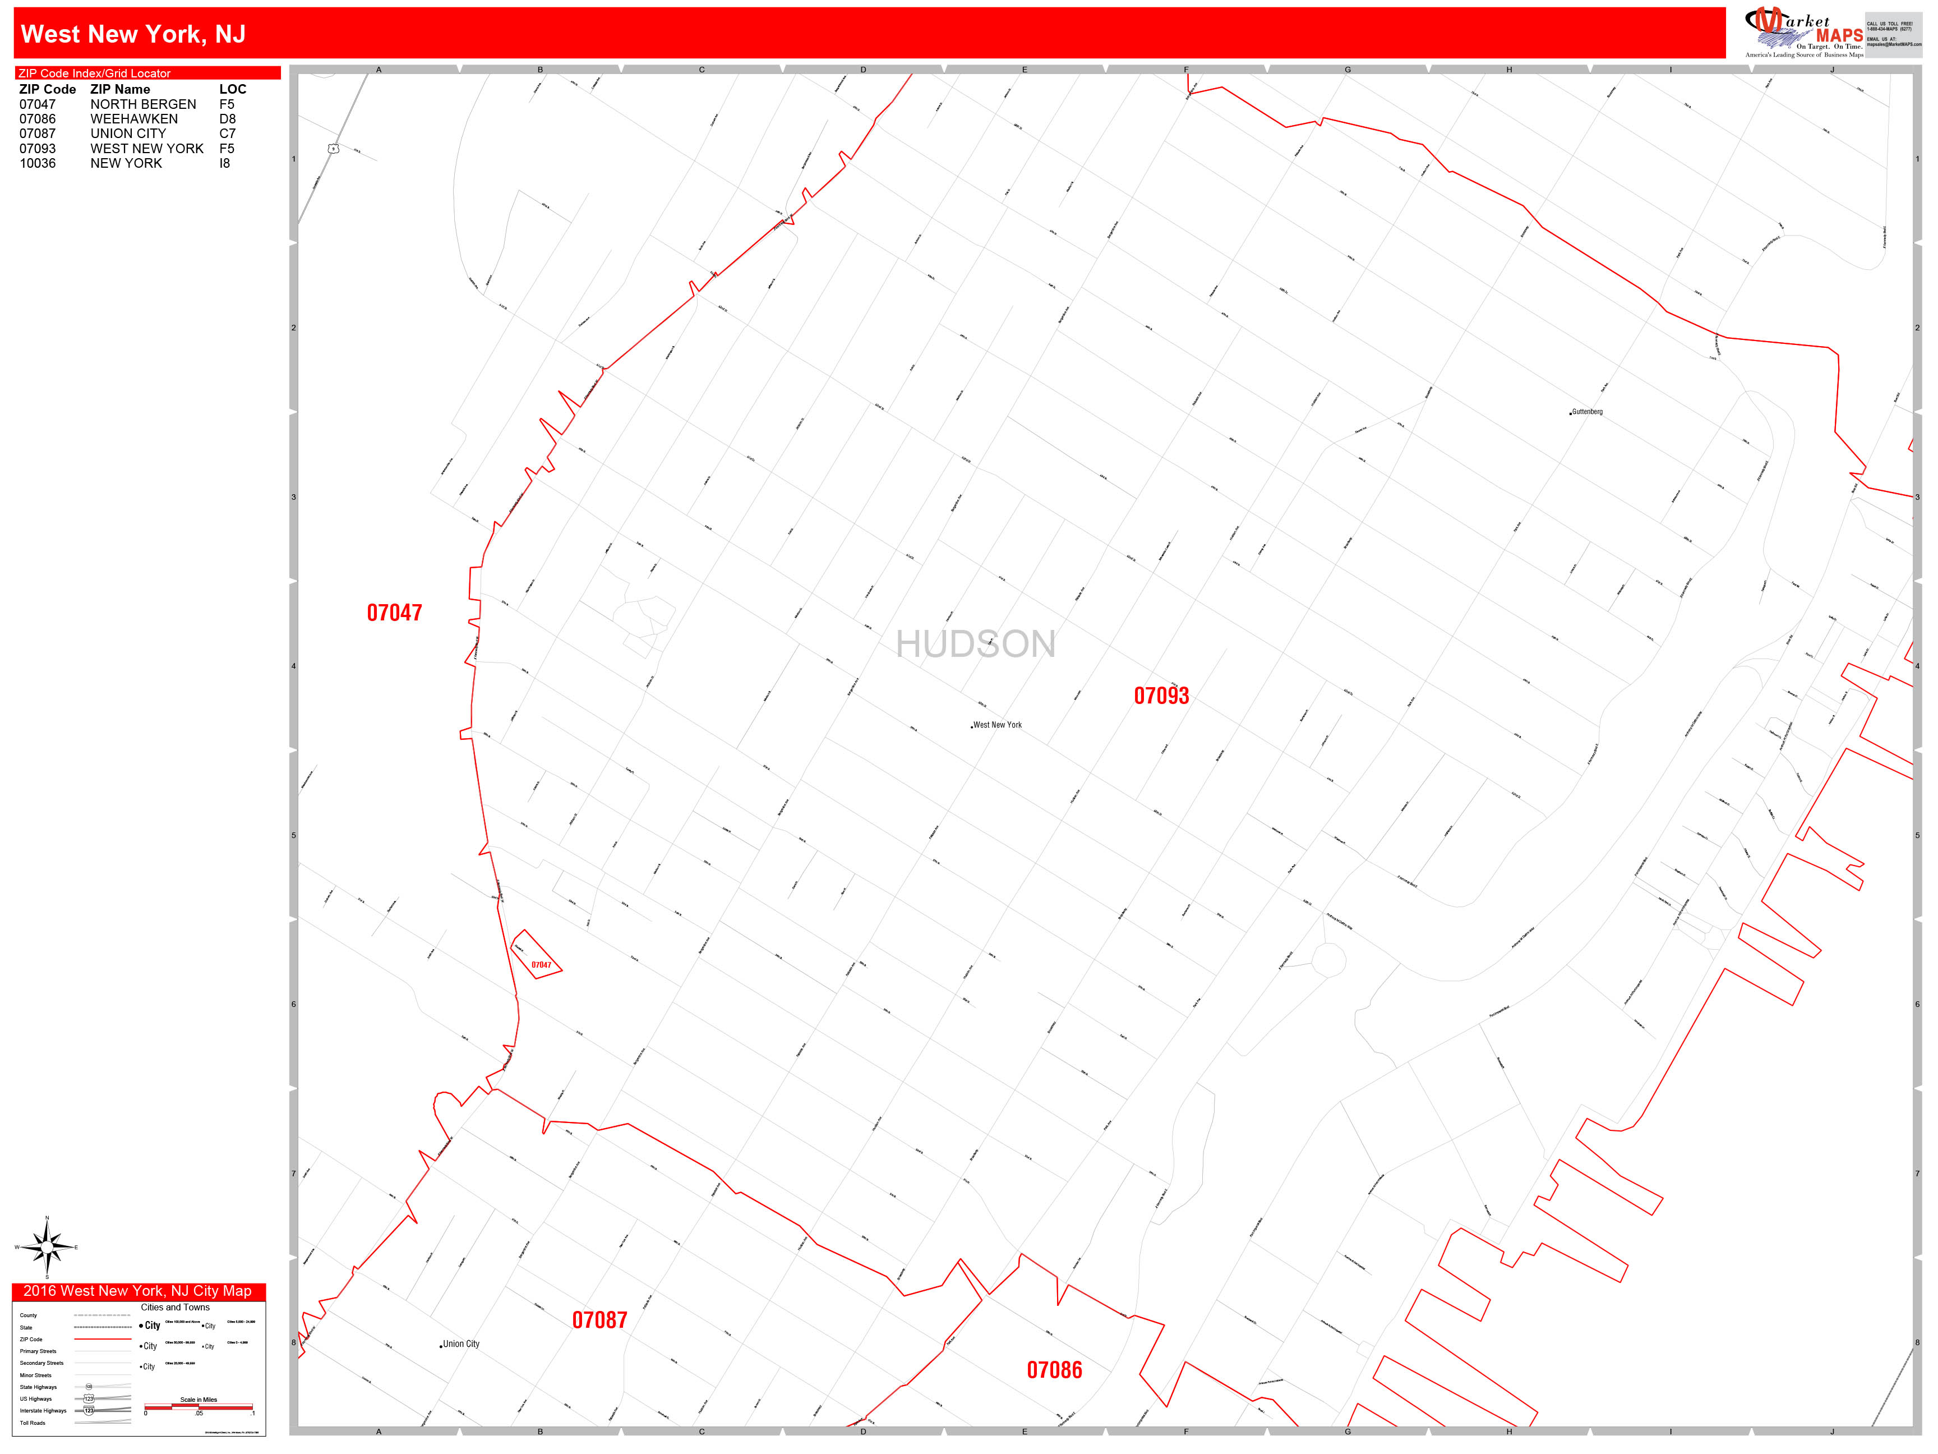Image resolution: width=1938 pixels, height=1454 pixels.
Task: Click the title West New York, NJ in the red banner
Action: click(133, 34)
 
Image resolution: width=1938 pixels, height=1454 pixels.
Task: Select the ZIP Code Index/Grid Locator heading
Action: click(95, 73)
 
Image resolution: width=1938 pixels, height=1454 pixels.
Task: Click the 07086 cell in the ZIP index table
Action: click(38, 119)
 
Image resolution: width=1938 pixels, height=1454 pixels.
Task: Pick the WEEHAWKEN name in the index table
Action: click(134, 119)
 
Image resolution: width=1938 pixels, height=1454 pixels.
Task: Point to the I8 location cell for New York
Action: click(225, 163)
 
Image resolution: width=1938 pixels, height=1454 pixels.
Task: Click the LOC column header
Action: click(232, 89)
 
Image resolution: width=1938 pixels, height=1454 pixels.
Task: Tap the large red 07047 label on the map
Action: click(394, 613)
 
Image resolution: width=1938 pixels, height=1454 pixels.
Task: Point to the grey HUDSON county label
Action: click(975, 644)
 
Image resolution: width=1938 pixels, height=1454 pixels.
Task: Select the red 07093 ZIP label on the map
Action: click(1161, 696)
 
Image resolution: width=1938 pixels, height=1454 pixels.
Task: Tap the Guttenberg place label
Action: click(1586, 412)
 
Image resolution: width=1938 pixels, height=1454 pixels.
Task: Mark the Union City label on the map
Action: click(460, 1343)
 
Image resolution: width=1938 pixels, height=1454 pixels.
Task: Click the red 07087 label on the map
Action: click(599, 1320)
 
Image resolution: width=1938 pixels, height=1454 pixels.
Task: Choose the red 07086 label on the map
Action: click(1054, 1370)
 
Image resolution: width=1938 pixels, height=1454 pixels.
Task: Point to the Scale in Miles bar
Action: click(199, 1407)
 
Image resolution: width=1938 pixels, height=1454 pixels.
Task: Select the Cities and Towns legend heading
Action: click(175, 1307)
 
